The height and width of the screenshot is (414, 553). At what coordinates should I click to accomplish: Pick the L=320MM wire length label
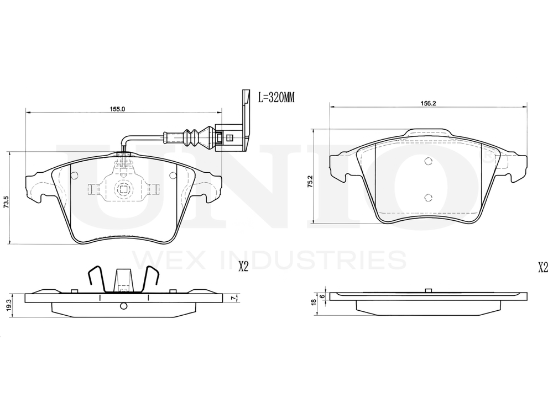coord(277,97)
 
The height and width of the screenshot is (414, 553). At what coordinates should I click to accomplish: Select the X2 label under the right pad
coord(543,268)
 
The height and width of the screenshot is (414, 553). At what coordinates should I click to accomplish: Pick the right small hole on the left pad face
coord(173,176)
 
